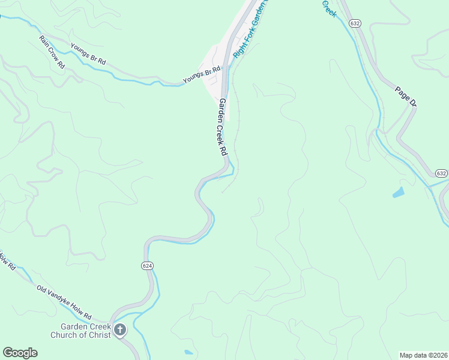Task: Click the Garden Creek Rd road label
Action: (x=221, y=127)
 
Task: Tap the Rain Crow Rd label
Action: (x=52, y=52)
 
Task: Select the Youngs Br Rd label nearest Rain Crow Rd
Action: (x=88, y=54)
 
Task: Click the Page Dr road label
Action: (x=406, y=96)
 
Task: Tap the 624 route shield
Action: (x=148, y=265)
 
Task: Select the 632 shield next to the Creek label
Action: (x=355, y=23)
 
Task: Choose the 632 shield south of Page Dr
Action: (x=441, y=173)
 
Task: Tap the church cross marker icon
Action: (x=120, y=330)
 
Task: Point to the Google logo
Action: (x=20, y=353)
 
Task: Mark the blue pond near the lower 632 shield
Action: (x=398, y=193)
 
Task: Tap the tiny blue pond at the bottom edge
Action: (x=188, y=352)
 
